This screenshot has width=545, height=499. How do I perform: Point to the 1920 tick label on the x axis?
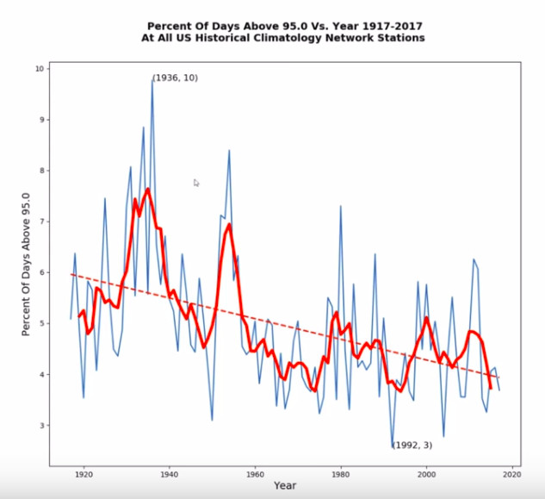coord(84,473)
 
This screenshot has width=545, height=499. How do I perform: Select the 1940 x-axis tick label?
coord(169,473)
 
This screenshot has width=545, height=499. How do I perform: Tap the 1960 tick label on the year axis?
coord(255,473)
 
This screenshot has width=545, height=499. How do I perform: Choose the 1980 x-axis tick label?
coord(341,473)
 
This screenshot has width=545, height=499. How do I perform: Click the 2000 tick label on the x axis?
coord(426,473)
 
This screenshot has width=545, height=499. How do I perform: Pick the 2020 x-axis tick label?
coord(512,473)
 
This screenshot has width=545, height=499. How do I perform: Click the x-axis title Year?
coord(285,487)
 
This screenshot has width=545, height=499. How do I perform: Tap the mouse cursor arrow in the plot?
coord(196,182)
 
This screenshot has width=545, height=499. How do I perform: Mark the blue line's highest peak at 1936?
coord(152,79)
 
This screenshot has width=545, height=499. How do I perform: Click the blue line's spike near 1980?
coord(341,206)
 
